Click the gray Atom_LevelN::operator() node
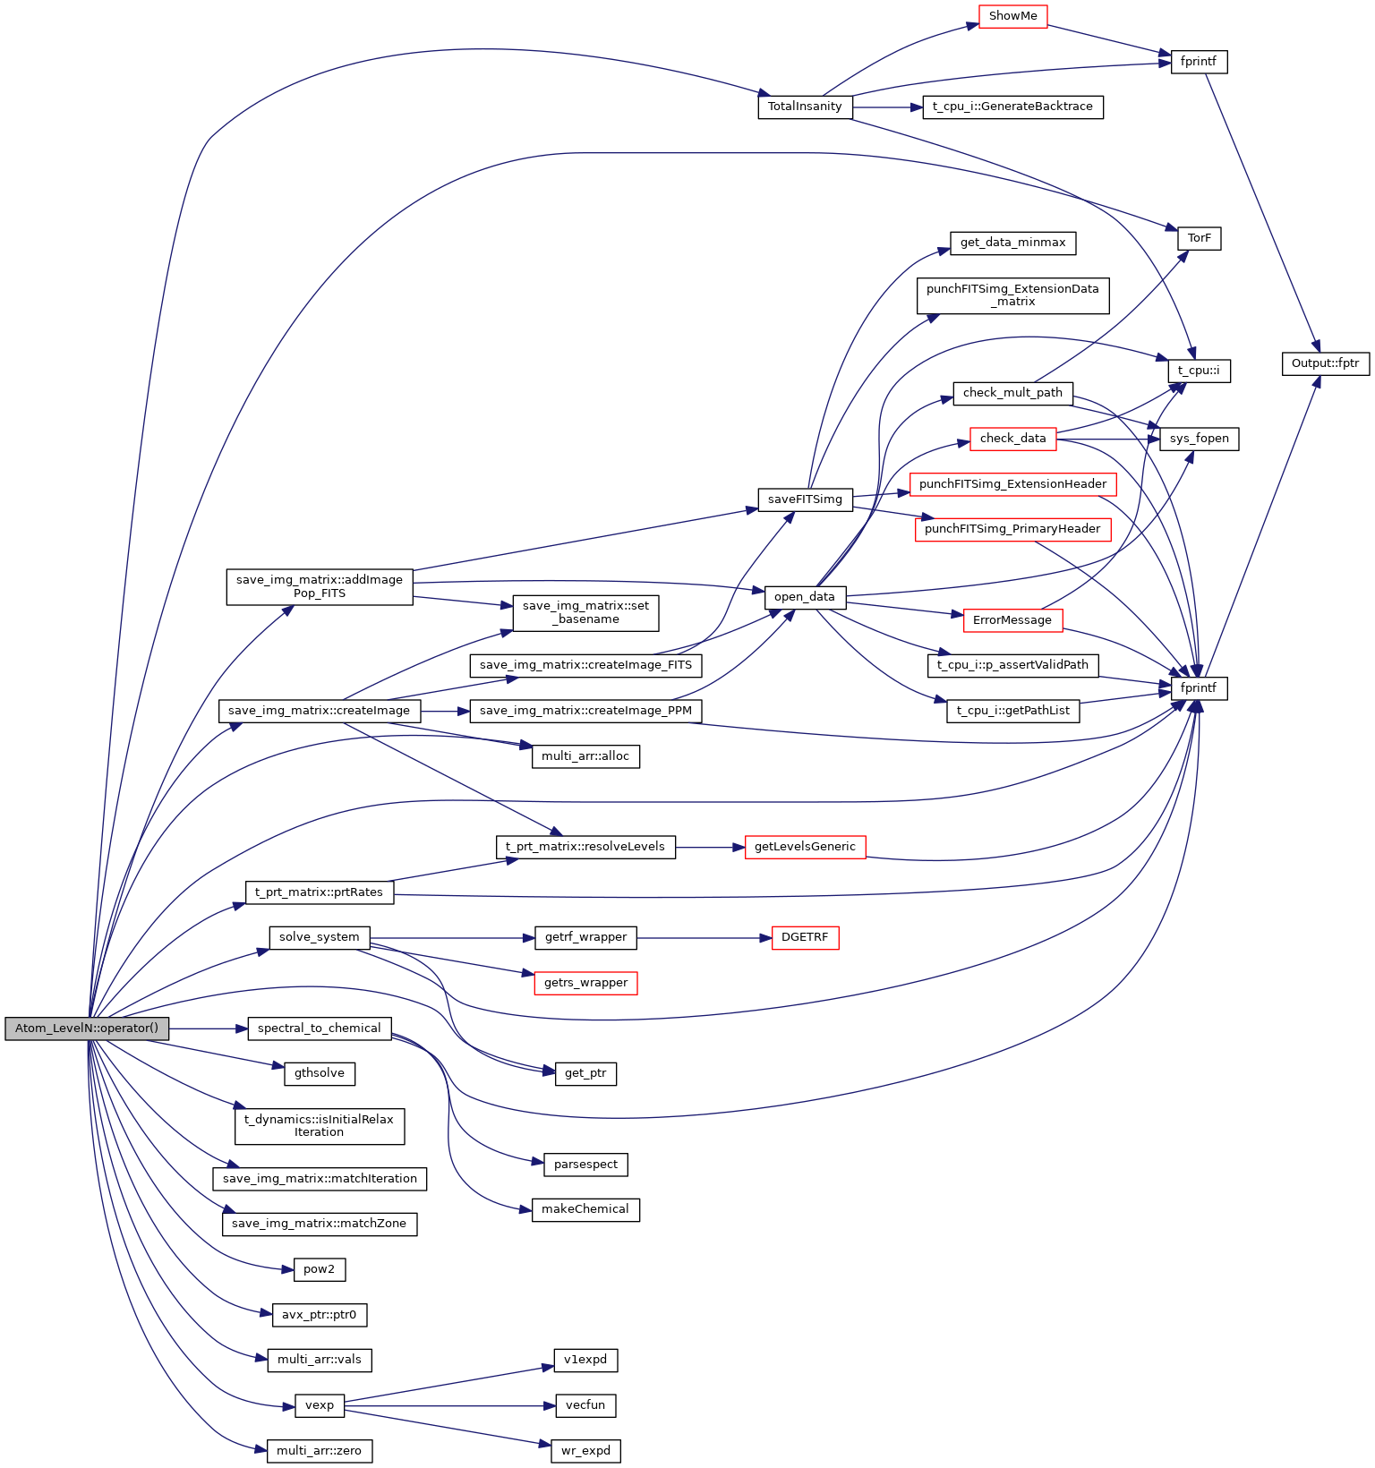click(x=86, y=1028)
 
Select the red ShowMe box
click(x=1012, y=16)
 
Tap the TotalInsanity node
click(x=805, y=107)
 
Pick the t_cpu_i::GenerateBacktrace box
click(x=1012, y=107)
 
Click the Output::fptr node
click(x=1325, y=363)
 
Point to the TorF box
click(x=1199, y=239)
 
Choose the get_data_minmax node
click(x=1012, y=243)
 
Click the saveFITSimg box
click(x=805, y=499)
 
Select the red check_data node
click(x=1012, y=439)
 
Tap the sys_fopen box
click(x=1199, y=439)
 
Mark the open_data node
click(x=805, y=597)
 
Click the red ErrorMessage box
click(x=1012, y=620)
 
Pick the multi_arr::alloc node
click(x=585, y=756)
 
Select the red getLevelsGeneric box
click(x=805, y=847)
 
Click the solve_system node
click(x=319, y=937)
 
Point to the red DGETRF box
click(x=805, y=938)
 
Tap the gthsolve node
click(x=319, y=1073)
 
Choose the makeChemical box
click(x=585, y=1209)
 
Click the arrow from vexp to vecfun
click(x=448, y=1405)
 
